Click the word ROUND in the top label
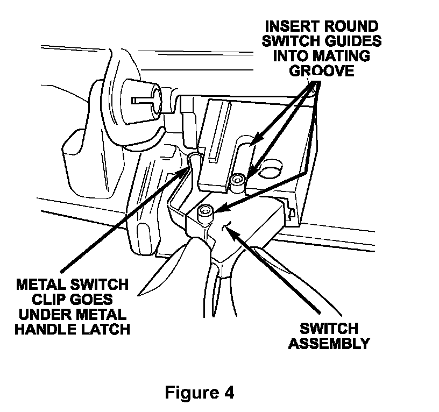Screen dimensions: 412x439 352,26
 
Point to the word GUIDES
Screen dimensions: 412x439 351,41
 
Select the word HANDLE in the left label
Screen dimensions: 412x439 50,329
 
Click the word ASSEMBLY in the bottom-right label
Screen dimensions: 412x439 329,343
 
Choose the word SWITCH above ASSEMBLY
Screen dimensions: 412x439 329,328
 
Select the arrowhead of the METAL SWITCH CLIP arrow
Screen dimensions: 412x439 188,171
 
